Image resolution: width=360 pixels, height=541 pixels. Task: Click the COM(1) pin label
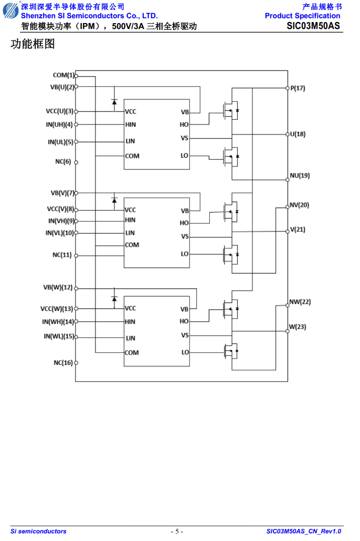[x=63, y=75]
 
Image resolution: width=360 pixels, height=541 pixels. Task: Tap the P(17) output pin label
[x=298, y=88]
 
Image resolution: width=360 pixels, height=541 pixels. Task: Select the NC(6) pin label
[x=63, y=161]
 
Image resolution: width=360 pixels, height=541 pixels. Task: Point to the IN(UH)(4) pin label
[x=59, y=124]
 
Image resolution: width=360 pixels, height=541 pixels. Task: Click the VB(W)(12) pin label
[x=58, y=287]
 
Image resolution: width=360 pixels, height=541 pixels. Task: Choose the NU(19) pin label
[x=300, y=175]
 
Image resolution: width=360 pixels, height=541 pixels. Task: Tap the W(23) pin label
[x=297, y=327]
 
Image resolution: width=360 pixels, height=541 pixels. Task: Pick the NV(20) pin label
[x=299, y=205]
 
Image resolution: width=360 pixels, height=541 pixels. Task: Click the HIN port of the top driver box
[x=130, y=124]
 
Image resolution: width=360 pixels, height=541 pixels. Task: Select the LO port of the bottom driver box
[x=185, y=352]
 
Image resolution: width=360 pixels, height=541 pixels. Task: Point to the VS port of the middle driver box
[x=185, y=236]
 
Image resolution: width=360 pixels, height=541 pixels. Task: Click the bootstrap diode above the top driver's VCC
[x=114, y=102]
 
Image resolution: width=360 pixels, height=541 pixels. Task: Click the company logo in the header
[x=11, y=10]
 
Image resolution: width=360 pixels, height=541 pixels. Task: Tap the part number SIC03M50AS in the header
[x=313, y=26]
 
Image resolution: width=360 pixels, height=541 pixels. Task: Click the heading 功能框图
[x=33, y=44]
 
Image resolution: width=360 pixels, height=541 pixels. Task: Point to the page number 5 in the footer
[x=177, y=532]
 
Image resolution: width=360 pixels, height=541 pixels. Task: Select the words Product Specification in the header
[x=302, y=16]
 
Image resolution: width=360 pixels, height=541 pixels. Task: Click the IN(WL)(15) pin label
[x=59, y=336]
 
